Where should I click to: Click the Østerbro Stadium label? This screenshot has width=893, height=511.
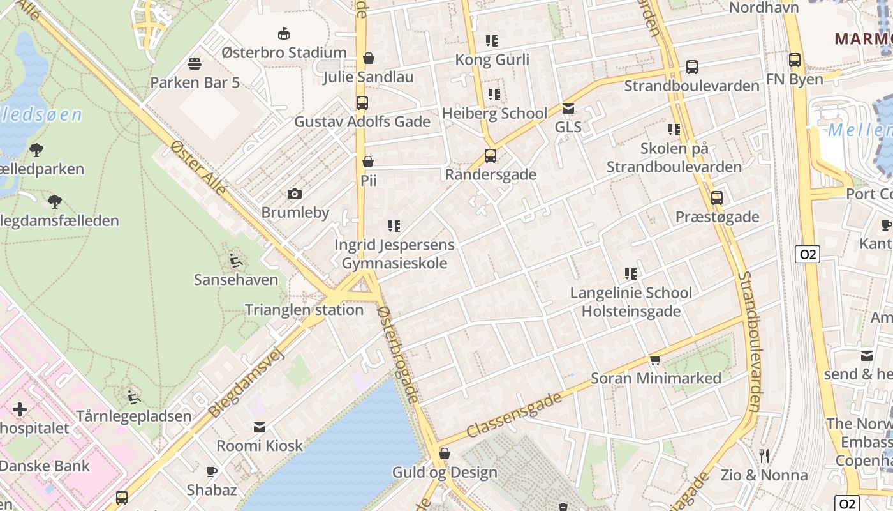click(284, 52)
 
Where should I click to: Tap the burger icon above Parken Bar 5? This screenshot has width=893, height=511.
click(195, 64)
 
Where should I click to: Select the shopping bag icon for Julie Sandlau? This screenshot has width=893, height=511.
click(368, 59)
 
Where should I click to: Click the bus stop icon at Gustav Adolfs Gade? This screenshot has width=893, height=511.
click(362, 102)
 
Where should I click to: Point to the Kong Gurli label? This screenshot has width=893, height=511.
click(492, 60)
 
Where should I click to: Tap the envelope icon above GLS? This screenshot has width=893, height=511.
click(568, 109)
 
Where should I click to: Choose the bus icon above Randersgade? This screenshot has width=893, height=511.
click(490, 156)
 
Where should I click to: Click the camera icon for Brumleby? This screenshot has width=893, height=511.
click(294, 194)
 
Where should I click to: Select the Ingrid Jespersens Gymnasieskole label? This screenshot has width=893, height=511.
click(394, 254)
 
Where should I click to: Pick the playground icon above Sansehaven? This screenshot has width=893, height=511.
click(235, 261)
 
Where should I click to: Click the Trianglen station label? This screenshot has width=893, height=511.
click(304, 310)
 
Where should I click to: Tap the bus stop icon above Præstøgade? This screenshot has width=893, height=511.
click(717, 198)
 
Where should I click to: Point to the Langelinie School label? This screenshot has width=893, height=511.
click(630, 293)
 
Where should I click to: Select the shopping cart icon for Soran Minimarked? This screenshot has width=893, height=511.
click(655, 360)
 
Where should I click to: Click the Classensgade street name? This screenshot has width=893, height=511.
click(514, 415)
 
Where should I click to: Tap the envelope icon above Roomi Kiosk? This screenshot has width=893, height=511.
click(260, 427)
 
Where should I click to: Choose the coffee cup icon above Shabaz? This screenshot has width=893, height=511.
click(212, 472)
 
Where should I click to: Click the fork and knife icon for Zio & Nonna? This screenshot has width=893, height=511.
click(764, 456)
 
